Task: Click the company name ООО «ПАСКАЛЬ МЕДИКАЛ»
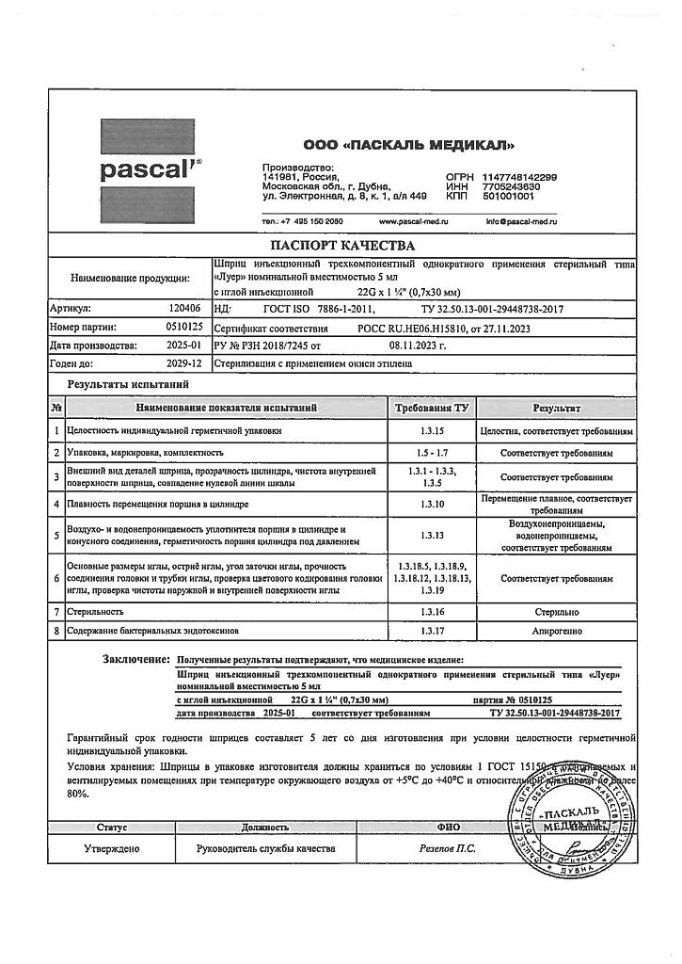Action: coord(408,146)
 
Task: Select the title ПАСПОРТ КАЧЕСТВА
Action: coord(341,247)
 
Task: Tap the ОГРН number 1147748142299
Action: coord(519,177)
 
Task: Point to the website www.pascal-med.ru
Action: coord(413,221)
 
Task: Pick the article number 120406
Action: coord(184,308)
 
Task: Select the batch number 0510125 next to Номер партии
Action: coord(182,328)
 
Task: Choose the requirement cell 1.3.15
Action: coord(433,431)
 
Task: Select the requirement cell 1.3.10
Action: coord(433,505)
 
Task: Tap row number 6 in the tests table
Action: coord(56,577)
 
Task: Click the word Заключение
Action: coord(136,660)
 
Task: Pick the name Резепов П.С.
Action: coord(447,848)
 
